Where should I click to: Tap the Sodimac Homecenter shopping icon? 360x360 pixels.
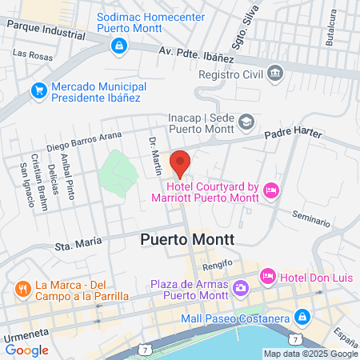click(x=118, y=46)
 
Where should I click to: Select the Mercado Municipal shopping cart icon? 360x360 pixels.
click(x=38, y=91)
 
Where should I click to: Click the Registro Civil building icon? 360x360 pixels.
click(x=276, y=73)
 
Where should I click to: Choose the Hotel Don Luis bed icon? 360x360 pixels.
click(x=267, y=275)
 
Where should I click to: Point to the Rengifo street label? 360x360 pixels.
click(x=217, y=263)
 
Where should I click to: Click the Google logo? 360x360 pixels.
click(x=26, y=350)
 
